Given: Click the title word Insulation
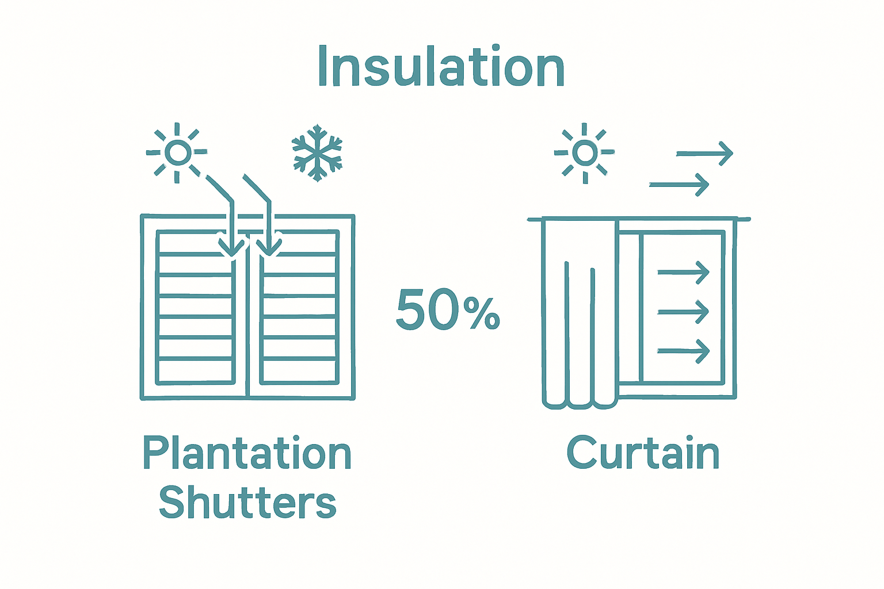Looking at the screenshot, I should [441, 67].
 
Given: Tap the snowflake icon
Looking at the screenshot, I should [317, 152].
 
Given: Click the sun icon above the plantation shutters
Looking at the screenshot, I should [177, 152].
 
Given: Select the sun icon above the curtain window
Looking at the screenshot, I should [585, 152].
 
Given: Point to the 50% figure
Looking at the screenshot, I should [448, 311].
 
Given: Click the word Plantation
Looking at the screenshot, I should [247, 454].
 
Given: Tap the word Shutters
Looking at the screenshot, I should [247, 503].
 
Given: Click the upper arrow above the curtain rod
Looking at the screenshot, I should [704, 154].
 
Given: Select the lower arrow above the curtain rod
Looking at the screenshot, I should [679, 185].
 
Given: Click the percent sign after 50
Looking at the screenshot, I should [485, 314].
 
